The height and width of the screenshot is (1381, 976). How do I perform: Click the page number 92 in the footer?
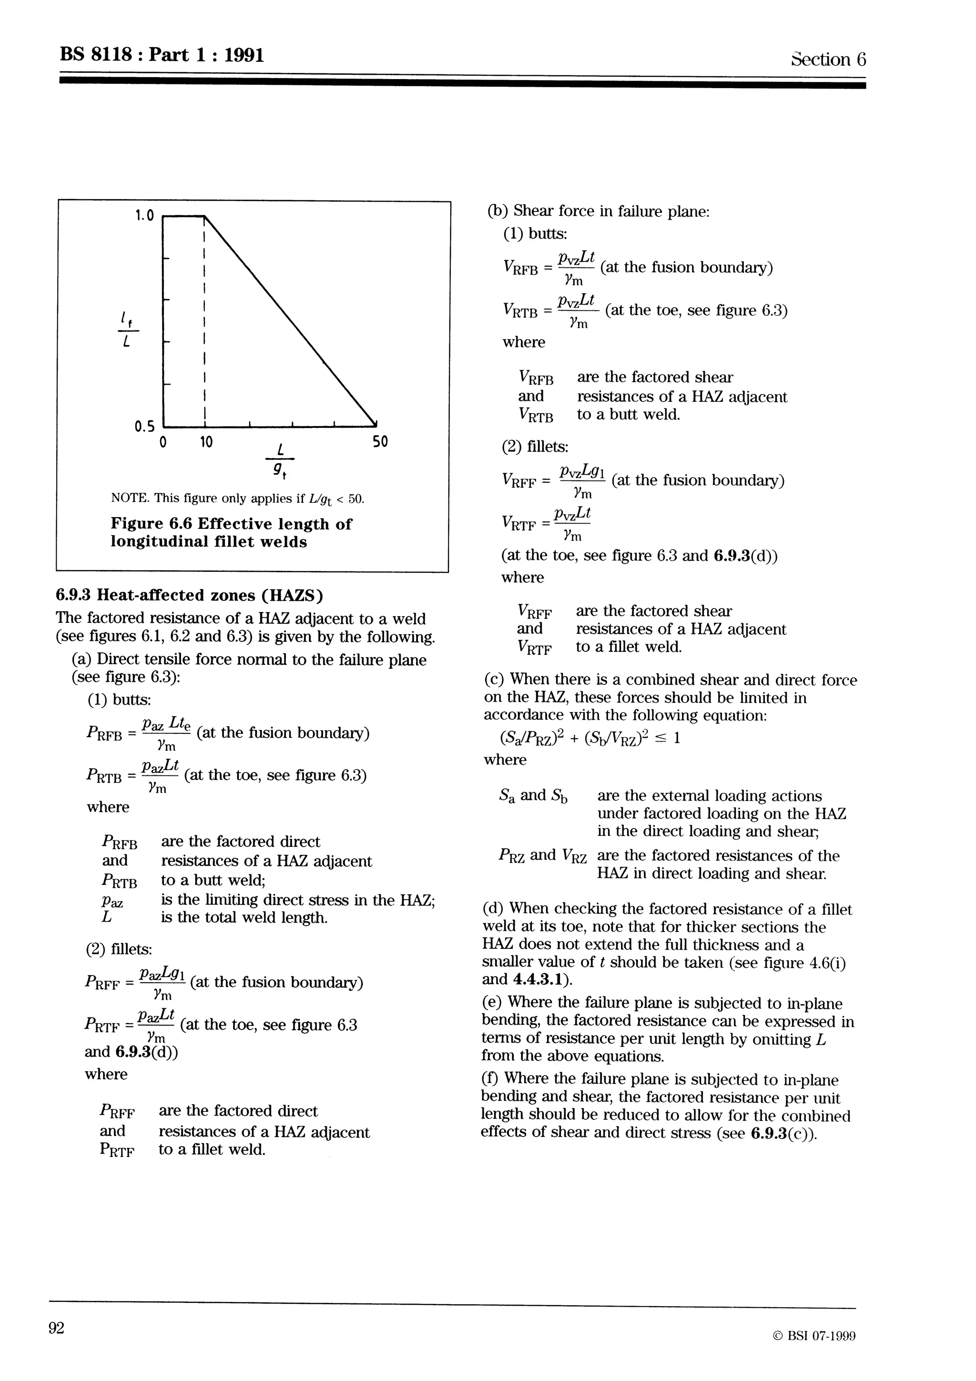pos(57,1328)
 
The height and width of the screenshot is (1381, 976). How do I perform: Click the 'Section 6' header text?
pos(828,59)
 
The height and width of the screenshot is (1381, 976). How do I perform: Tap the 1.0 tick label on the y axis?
pos(144,215)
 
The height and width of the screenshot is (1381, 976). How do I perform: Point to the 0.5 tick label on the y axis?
pos(144,427)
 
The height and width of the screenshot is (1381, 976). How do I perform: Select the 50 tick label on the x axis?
pos(379,443)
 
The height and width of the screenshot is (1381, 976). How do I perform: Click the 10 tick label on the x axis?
pos(206,443)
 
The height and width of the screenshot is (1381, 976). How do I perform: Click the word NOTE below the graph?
pos(128,498)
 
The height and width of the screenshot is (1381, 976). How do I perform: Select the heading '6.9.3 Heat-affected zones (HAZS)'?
pos(189,596)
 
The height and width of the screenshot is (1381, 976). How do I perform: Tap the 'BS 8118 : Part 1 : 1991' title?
pos(162,55)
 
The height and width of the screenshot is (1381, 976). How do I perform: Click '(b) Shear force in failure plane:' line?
pos(599,212)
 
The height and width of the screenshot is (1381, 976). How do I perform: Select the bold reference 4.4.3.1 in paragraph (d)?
pos(539,979)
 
